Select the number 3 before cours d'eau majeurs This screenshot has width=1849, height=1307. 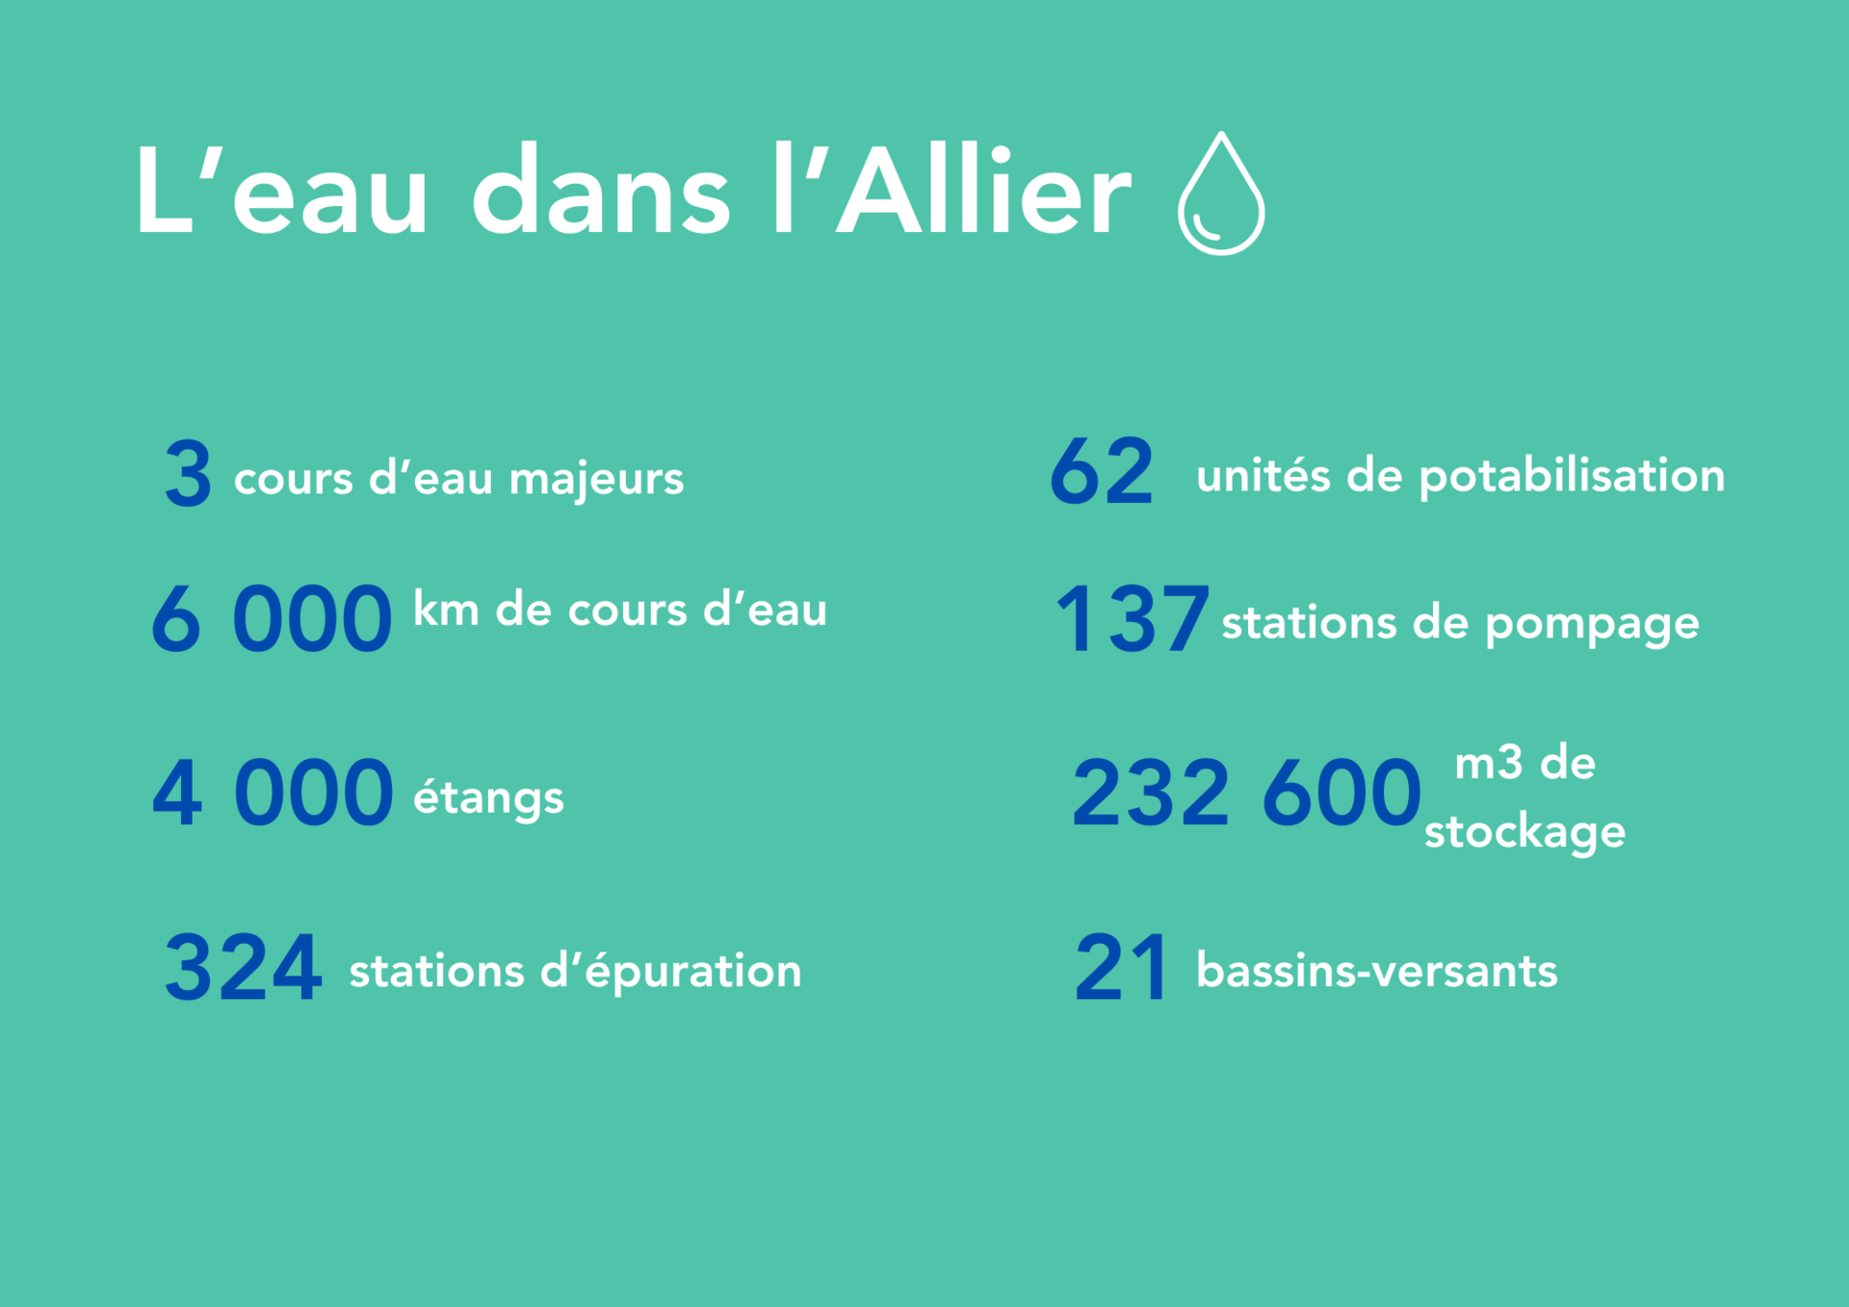click(x=188, y=474)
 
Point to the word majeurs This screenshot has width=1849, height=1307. click(x=596, y=479)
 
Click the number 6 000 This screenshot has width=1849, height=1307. click(x=272, y=619)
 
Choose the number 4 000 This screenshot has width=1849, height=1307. click(x=273, y=794)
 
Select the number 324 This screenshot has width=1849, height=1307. click(x=243, y=968)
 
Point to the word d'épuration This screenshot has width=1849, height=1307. click(x=671, y=971)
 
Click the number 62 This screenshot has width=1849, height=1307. click(x=1102, y=472)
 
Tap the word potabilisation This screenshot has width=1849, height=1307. click(x=1572, y=476)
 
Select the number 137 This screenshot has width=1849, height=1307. click(x=1133, y=619)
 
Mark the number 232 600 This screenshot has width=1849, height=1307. click(x=1247, y=794)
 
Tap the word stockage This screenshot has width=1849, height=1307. click(x=1524, y=831)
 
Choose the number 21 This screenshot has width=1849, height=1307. click(x=1122, y=968)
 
